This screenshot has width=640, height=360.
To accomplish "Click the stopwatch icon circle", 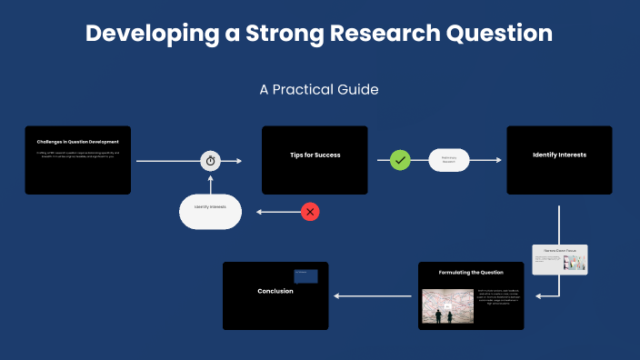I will [x=211, y=161].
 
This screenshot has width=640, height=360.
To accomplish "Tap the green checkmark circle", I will [x=401, y=161].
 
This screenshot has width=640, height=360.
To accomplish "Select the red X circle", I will [x=310, y=212].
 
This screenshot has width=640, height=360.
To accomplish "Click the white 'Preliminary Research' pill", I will [x=448, y=160].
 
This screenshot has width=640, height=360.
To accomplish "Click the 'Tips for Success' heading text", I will [x=315, y=155].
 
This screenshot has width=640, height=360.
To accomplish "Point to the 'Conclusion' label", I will [x=275, y=291].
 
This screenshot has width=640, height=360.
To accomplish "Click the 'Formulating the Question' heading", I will [x=471, y=273].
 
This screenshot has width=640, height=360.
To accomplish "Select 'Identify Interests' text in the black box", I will [x=559, y=155].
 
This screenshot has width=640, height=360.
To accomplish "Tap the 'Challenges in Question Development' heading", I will [x=78, y=142].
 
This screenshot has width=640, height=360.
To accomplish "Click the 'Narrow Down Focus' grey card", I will [x=560, y=259].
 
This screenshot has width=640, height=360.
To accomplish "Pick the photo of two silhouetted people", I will [x=448, y=307].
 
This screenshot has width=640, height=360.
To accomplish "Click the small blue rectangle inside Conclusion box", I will [x=305, y=276].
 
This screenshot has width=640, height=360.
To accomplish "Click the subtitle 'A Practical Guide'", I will [x=319, y=90].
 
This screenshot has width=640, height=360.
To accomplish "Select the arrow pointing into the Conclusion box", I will [x=338, y=295].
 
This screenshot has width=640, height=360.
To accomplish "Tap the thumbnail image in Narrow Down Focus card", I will [x=574, y=263].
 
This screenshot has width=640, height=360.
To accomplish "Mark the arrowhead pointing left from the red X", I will [x=260, y=212].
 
